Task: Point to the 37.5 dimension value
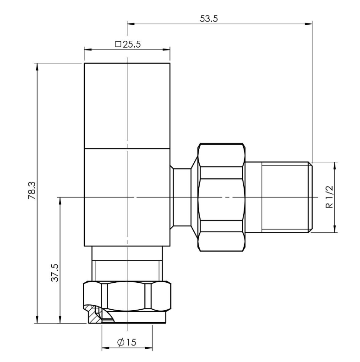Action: coord(54,273)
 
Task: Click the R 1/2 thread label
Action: coord(328,197)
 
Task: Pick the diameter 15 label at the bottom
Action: coord(126,342)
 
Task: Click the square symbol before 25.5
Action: coord(118,44)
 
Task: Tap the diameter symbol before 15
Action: coord(120,342)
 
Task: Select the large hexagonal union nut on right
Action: coord(220,197)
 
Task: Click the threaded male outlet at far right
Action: coord(278,197)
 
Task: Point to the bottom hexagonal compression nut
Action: coord(127,297)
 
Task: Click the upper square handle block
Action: coord(127,105)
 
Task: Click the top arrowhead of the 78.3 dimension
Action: coord(37,66)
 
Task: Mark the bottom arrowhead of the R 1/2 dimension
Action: coord(335,230)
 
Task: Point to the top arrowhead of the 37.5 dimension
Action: coord(60,200)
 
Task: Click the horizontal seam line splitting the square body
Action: coord(127,148)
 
